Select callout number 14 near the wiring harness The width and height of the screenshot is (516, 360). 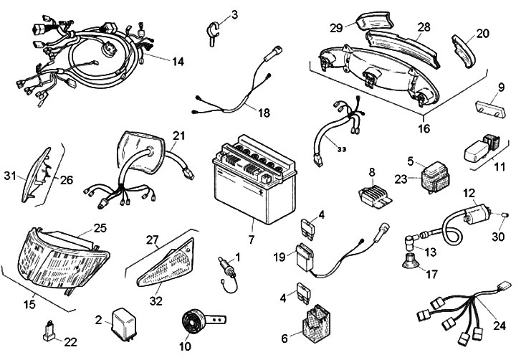178,62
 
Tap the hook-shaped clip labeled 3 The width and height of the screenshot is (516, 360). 212,32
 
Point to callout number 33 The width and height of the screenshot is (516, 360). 341,149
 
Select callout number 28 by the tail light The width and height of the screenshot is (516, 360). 424,27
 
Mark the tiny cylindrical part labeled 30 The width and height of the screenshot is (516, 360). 505,216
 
